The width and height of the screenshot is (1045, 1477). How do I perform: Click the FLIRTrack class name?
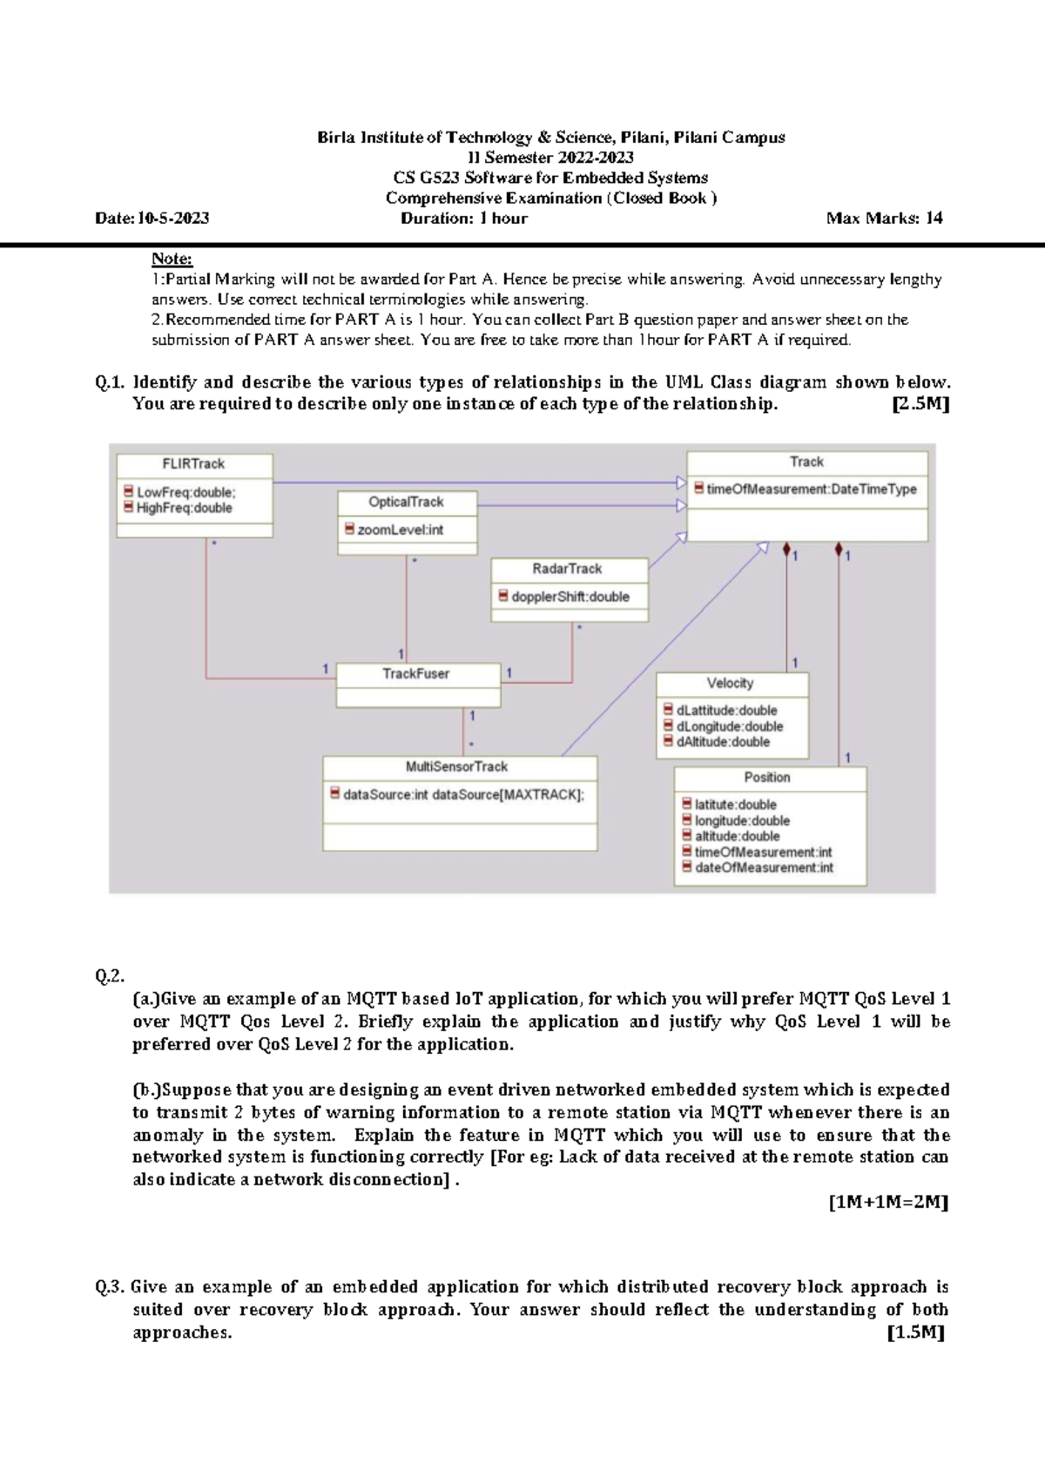[x=193, y=464]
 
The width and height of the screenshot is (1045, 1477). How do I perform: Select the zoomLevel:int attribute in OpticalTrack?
[x=400, y=529]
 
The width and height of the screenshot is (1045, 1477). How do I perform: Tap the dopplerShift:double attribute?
[x=570, y=597]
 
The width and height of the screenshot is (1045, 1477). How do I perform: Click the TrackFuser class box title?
[x=416, y=674]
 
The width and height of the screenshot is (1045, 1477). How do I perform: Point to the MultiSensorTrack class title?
[x=456, y=767]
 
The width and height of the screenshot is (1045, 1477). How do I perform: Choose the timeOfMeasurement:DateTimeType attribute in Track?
[x=811, y=489]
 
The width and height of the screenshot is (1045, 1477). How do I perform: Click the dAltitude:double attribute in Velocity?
[x=722, y=742]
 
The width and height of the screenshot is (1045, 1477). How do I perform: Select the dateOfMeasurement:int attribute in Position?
[x=763, y=867]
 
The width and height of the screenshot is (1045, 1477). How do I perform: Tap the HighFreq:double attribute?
[x=184, y=508]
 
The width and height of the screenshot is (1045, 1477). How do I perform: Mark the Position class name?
[x=767, y=778]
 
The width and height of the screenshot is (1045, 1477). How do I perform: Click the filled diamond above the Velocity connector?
[x=787, y=550]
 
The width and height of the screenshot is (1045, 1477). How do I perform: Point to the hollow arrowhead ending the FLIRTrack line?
[x=681, y=482]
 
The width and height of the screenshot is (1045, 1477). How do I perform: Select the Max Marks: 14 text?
[x=884, y=219]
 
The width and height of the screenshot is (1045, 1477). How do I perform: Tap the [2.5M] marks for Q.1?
[x=921, y=404]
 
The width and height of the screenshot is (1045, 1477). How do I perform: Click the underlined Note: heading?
[x=172, y=259]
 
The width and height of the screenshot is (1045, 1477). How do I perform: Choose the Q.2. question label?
[x=110, y=976]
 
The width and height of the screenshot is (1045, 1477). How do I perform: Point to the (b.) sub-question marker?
[x=146, y=1090]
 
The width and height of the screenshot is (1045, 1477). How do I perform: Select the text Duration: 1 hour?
[x=464, y=219]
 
